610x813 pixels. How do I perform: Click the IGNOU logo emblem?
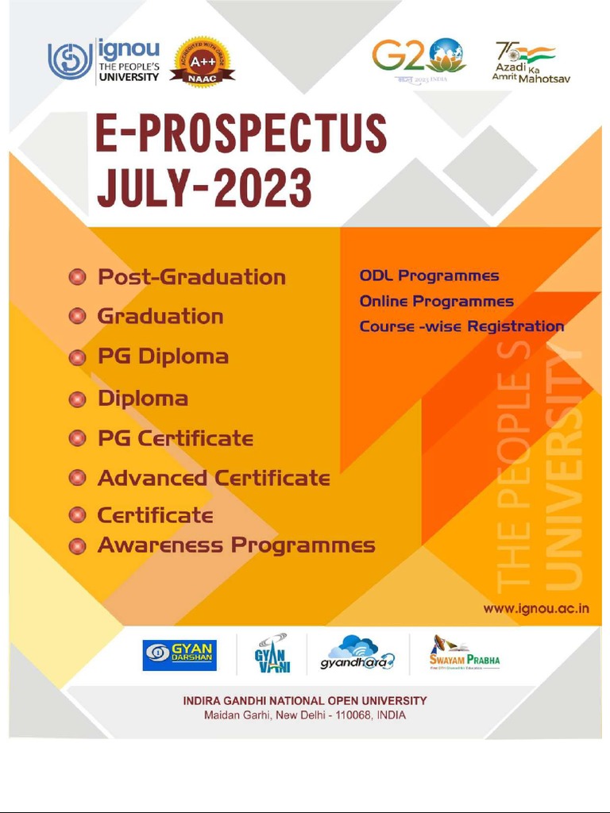pyautogui.click(x=71, y=60)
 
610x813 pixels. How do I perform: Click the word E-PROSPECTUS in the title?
pyautogui.click(x=241, y=134)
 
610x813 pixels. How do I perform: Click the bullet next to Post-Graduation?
pyautogui.click(x=77, y=277)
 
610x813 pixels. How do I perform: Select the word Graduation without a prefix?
pyautogui.click(x=160, y=316)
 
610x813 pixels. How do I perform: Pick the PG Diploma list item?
pyautogui.click(x=163, y=356)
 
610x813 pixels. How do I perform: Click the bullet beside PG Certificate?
pyautogui.click(x=77, y=438)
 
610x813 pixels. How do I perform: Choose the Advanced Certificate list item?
pyautogui.click(x=213, y=478)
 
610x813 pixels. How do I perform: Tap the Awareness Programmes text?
pyautogui.click(x=236, y=545)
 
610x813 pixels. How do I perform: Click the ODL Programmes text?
pyautogui.click(x=429, y=276)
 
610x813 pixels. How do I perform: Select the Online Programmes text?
pyautogui.click(x=436, y=302)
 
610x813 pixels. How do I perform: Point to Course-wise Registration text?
pyautogui.click(x=461, y=326)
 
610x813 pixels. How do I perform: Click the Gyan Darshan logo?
pyautogui.click(x=180, y=655)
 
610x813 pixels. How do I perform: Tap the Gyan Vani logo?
pyautogui.click(x=272, y=653)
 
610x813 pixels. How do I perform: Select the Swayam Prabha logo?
pyautogui.click(x=465, y=653)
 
